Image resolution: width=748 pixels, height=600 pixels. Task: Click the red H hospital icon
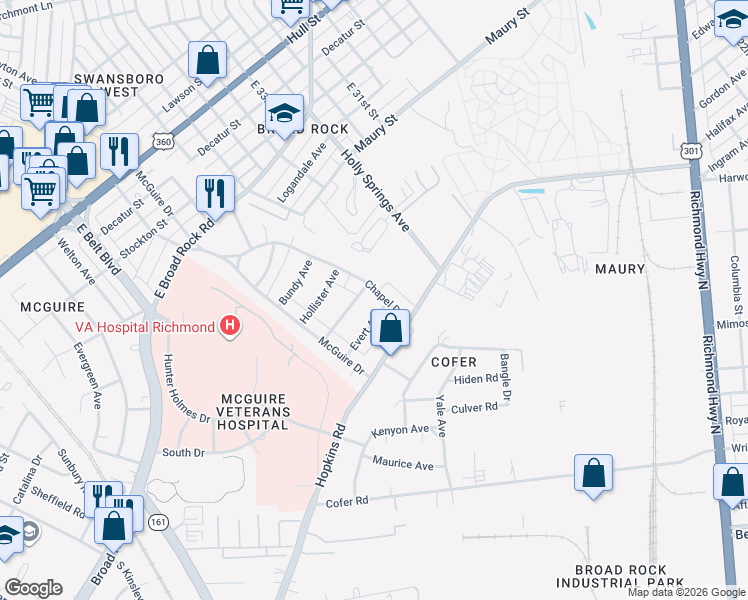coord(231,327)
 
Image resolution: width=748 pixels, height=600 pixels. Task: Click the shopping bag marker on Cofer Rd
coord(593,474)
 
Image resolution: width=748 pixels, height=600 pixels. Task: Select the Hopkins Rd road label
coord(331,456)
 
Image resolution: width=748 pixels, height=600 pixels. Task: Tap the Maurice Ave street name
coord(403,464)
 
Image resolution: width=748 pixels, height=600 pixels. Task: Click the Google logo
coord(33,588)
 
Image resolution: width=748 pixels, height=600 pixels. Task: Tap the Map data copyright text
coord(686,592)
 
